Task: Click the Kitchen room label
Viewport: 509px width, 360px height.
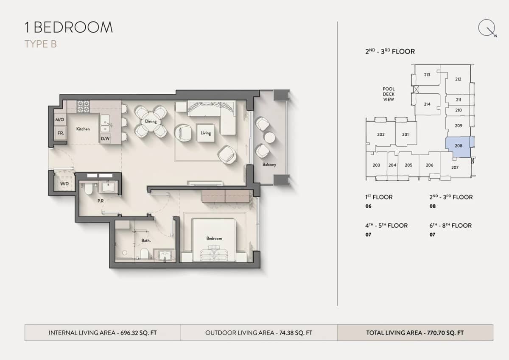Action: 83,129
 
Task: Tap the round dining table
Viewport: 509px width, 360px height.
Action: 151,121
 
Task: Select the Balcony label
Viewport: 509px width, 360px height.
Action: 269,165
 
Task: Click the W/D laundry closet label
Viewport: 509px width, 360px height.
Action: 64,184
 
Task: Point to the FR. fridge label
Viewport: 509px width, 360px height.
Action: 61,133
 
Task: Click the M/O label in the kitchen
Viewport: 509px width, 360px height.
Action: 59,120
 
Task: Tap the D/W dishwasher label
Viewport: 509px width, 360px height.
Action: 105,139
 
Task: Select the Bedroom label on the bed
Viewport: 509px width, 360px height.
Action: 214,238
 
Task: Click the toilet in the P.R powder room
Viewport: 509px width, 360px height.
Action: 88,189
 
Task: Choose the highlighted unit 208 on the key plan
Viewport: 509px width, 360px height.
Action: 458,145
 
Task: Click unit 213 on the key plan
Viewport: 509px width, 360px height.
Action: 427,75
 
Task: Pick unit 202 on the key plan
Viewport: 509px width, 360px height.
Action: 380,134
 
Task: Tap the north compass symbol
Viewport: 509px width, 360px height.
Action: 487,28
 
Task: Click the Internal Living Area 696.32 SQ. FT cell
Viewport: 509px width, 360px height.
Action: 103,333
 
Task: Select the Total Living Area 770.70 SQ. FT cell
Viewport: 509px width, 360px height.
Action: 415,333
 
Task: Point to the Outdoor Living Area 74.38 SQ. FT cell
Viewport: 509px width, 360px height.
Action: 259,333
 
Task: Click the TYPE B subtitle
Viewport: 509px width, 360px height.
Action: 41,44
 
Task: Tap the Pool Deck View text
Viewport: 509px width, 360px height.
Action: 389,94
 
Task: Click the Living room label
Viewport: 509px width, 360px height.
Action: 206,133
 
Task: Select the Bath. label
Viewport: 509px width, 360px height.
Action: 146,240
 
